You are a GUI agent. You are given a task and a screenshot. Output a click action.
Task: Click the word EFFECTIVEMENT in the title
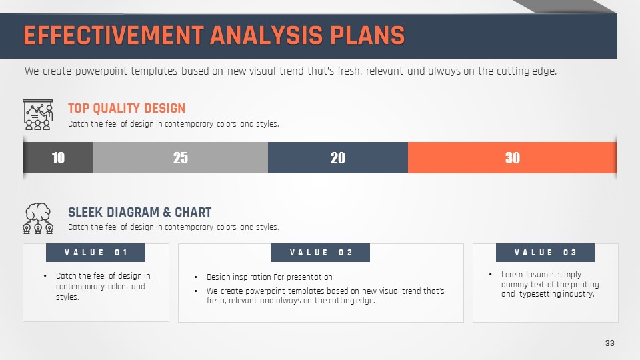113,35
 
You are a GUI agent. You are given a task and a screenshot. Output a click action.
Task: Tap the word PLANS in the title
367,35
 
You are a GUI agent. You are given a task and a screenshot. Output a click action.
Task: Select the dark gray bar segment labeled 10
59,157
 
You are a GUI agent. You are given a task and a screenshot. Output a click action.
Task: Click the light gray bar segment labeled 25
181,157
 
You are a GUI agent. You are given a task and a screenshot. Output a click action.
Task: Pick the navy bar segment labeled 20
338,157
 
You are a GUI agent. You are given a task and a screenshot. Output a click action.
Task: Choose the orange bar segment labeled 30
512,157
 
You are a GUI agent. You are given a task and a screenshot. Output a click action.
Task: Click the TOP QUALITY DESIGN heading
127,108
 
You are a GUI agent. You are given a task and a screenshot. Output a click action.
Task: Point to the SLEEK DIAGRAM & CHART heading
139,212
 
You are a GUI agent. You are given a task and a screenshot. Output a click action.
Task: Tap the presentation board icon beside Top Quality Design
37,115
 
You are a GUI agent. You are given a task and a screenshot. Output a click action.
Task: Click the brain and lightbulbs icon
38,219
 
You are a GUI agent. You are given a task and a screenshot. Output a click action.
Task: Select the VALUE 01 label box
95,253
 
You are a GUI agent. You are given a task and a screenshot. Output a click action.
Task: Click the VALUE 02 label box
321,253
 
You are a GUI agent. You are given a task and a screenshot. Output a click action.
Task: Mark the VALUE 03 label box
545,253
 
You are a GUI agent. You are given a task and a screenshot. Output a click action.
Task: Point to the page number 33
610,343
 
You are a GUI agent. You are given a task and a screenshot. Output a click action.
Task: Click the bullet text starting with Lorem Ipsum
550,284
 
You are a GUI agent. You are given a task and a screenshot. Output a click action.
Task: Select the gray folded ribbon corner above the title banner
565,7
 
